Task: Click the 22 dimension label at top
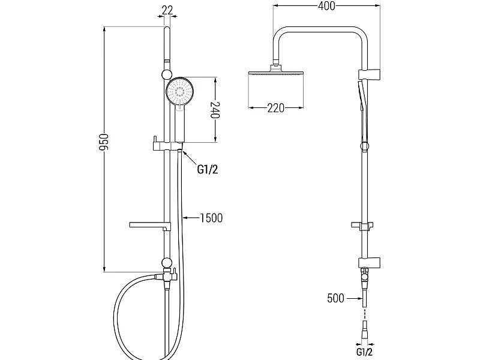167,10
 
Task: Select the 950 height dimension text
104,142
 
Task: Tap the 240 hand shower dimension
215,110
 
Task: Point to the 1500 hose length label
211,218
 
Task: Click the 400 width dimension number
326,6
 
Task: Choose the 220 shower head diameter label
275,108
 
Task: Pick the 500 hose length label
335,298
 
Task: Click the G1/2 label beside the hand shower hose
208,169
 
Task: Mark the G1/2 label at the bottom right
364,352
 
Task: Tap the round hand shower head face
181,91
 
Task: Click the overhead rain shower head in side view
276,73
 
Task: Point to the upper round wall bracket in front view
167,74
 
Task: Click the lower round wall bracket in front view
167,263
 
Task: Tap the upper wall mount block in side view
369,74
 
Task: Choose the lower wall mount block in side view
369,262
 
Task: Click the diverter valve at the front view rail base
168,275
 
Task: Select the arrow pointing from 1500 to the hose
191,218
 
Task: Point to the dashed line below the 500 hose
364,313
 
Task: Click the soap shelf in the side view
362,226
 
